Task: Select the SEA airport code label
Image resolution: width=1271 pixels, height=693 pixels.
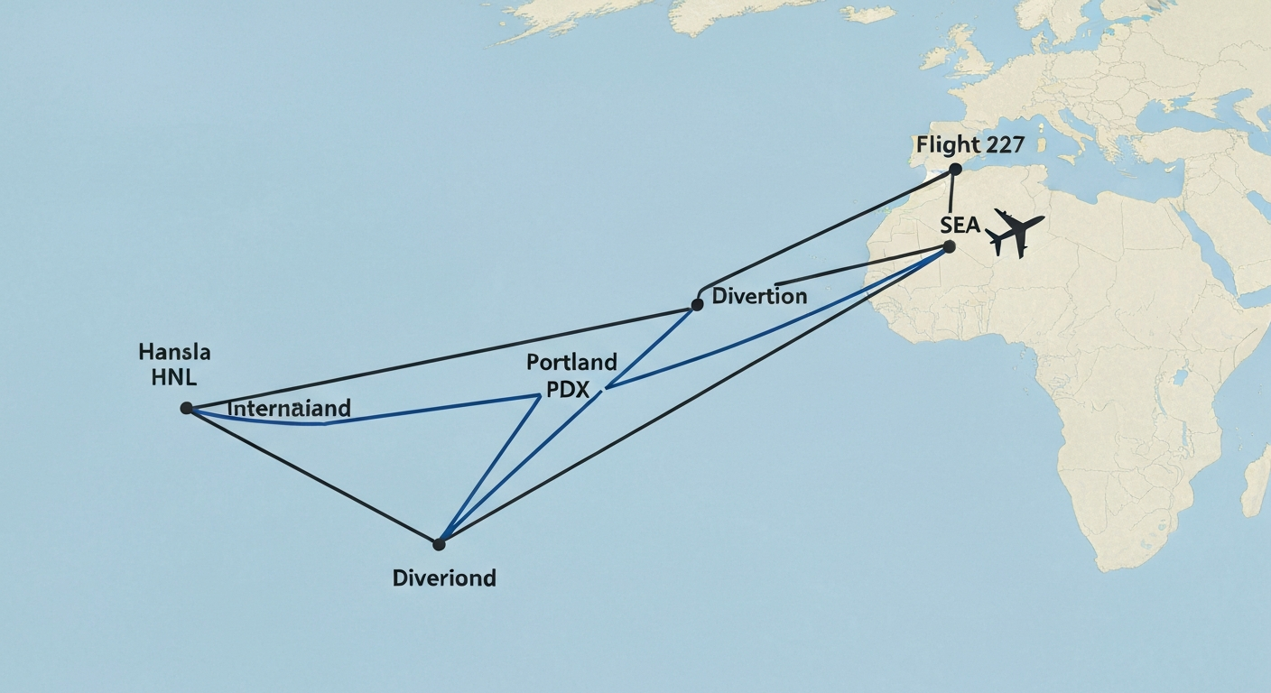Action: (x=960, y=225)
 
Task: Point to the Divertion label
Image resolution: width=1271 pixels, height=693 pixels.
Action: (x=759, y=296)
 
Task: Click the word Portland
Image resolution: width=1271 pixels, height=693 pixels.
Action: (x=571, y=363)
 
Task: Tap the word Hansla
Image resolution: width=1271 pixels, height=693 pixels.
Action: (x=174, y=352)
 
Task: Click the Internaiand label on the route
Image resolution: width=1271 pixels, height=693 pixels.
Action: (x=288, y=409)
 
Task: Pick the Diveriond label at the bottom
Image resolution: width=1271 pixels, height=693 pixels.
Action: (x=444, y=577)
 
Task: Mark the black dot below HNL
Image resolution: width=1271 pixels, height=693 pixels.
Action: (x=186, y=408)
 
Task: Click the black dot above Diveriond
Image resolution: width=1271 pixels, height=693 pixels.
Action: (x=439, y=544)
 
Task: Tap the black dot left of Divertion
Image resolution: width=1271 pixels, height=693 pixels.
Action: (x=697, y=305)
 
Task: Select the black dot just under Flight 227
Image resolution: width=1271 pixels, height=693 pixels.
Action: (x=955, y=169)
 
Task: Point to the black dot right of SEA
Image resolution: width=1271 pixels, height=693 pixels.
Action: (x=949, y=245)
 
